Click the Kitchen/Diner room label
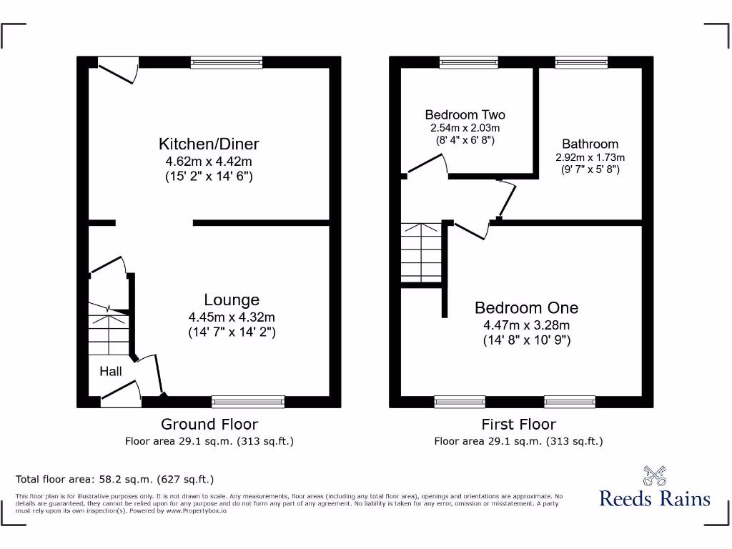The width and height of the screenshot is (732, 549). (209, 144)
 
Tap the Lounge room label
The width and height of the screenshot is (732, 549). (232, 300)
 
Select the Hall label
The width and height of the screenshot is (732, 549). (111, 371)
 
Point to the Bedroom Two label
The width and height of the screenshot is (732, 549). (465, 114)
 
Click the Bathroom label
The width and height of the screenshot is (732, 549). (590, 144)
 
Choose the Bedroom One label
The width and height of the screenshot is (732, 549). (527, 308)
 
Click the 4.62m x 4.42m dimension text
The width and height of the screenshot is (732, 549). (209, 162)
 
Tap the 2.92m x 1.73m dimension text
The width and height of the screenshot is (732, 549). (590, 157)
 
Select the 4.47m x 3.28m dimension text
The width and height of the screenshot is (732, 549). (527, 325)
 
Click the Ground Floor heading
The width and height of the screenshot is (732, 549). (209, 424)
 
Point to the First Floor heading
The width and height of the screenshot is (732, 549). (518, 424)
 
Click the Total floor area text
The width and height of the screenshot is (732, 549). (114, 479)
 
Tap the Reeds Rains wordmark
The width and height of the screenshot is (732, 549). (655, 498)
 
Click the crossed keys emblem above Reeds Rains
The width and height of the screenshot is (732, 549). (654, 475)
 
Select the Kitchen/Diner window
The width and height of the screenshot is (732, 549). (226, 63)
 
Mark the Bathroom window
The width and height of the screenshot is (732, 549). (581, 63)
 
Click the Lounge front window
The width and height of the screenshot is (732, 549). (248, 401)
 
